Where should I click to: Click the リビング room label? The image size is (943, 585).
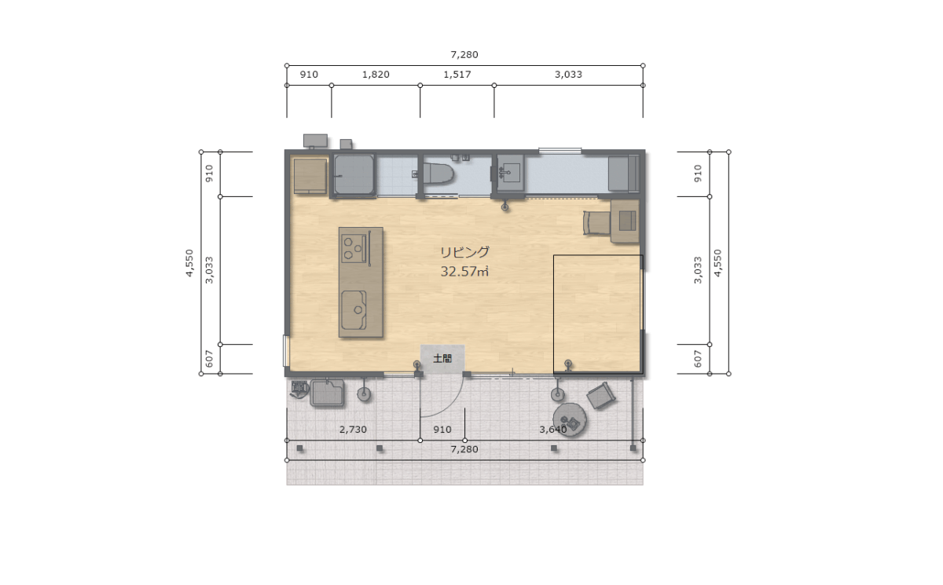(x=464, y=252)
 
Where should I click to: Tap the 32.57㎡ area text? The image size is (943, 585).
(x=464, y=271)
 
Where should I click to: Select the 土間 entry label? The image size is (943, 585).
(x=442, y=358)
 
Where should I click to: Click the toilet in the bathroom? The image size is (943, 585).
(x=437, y=174)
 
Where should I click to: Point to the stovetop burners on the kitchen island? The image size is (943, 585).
(x=354, y=249)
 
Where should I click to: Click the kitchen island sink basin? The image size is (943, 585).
(x=354, y=310)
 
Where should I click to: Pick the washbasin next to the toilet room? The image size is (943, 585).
(x=510, y=173)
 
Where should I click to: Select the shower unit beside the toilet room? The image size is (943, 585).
(x=354, y=175)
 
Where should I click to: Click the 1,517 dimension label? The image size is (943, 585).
(x=457, y=75)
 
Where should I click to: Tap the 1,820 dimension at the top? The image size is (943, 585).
(x=376, y=75)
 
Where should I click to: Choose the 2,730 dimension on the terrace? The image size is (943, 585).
(x=353, y=430)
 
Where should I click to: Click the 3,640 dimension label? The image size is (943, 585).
(x=553, y=430)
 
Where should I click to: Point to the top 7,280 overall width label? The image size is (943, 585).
(x=464, y=55)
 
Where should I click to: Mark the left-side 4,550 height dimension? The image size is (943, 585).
(x=189, y=263)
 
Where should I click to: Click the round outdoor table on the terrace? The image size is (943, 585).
(x=570, y=419)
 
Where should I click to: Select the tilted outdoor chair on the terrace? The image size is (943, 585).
(x=601, y=396)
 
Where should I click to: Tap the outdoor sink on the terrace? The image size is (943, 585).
(x=327, y=393)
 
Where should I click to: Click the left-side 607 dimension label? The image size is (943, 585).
(x=209, y=359)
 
